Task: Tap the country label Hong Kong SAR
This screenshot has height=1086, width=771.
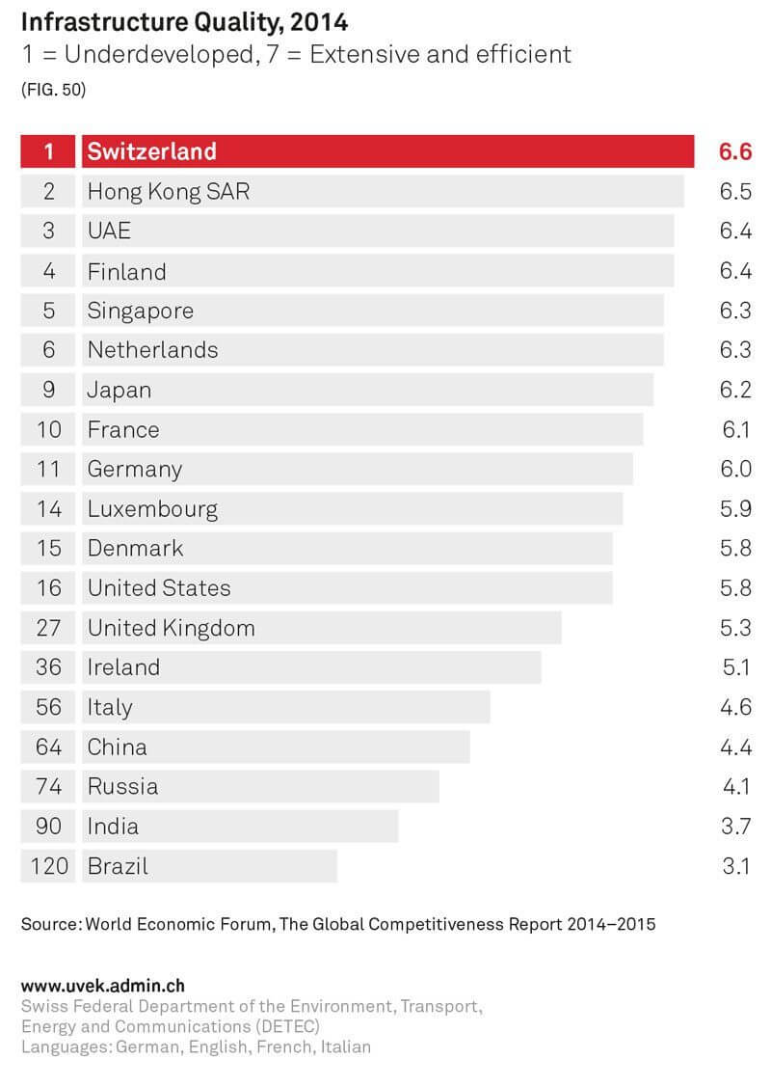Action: pos(168,192)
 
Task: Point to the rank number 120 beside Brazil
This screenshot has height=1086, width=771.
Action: pos(49,866)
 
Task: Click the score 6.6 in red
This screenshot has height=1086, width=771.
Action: pos(734,151)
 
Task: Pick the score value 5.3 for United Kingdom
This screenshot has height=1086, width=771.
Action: pos(734,629)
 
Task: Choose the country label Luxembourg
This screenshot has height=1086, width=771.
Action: pos(152,509)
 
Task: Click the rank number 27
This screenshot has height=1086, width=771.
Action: pos(49,629)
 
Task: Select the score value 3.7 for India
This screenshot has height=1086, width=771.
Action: pos(734,827)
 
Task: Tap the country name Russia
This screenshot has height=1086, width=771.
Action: pos(122,787)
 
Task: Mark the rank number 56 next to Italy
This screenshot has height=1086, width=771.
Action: pos(49,708)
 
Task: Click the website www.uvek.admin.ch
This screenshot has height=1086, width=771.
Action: pos(102,987)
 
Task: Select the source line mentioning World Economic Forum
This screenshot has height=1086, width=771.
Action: pos(338,925)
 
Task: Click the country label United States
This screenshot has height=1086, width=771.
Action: pos(159,588)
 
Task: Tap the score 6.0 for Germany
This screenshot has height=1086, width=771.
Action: pos(734,470)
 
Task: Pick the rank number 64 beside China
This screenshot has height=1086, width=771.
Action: pos(49,747)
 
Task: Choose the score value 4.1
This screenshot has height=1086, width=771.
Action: pos(735,787)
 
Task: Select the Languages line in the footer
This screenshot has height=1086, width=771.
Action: pos(196,1046)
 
